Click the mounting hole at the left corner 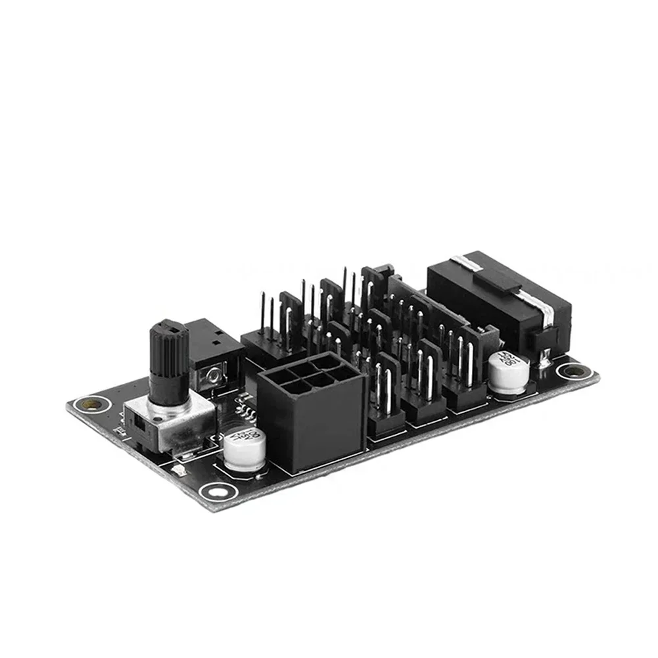[x=85, y=404]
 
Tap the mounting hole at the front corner [x=216, y=490]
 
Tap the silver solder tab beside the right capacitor [x=545, y=359]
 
